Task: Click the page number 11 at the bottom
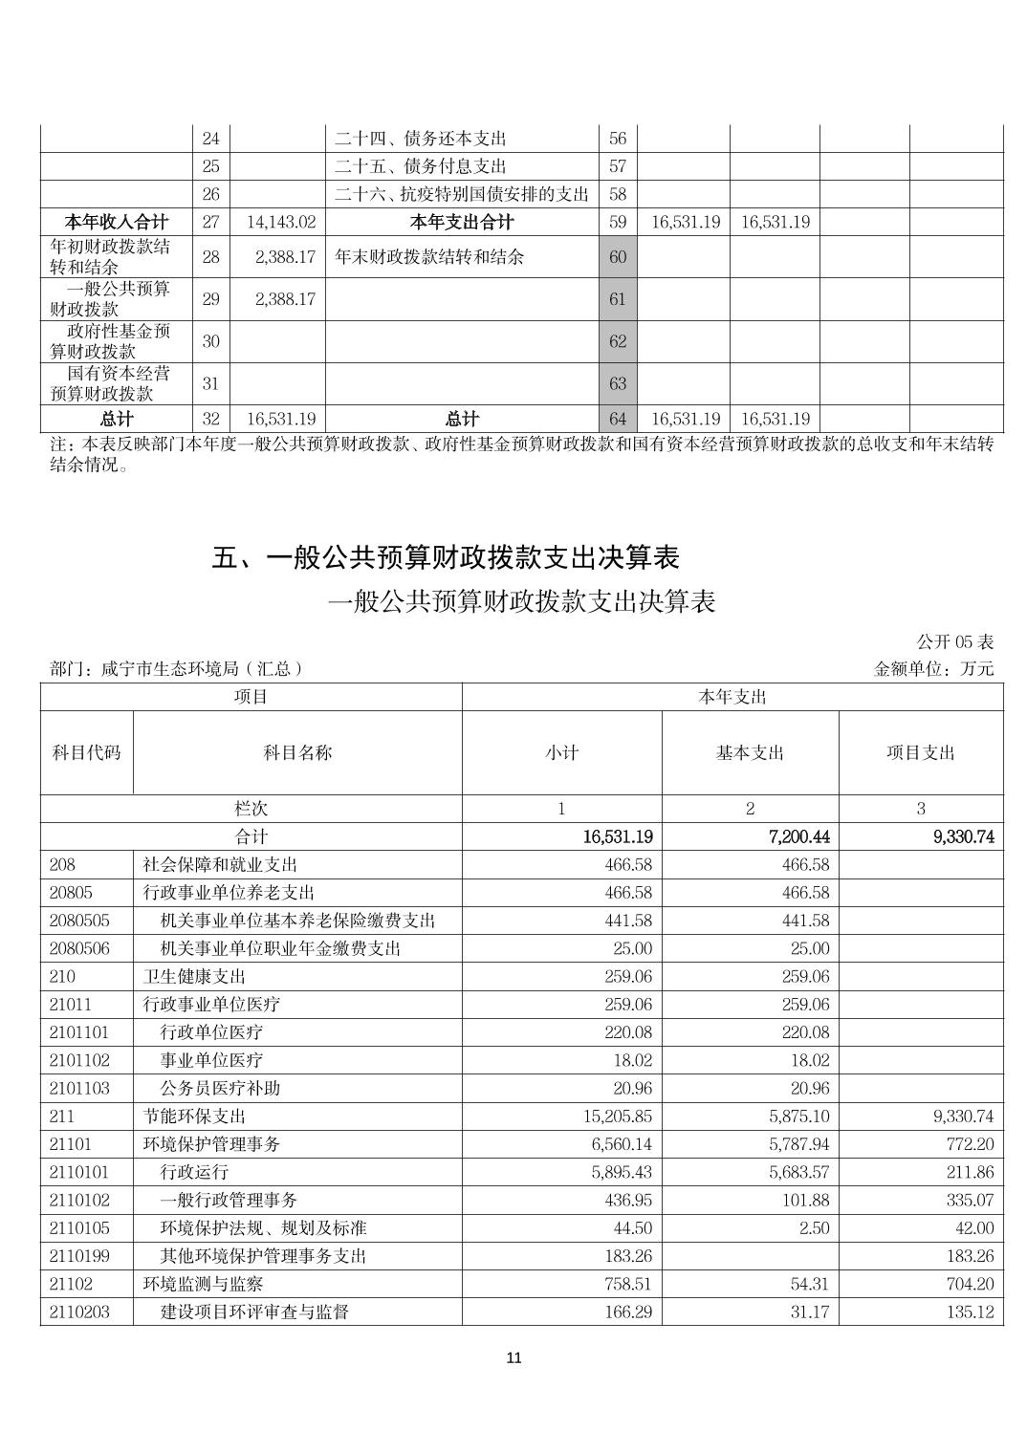(513, 1358)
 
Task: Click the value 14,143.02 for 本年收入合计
(281, 223)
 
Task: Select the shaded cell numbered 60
(618, 257)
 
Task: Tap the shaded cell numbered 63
(618, 383)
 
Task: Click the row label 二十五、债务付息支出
(420, 166)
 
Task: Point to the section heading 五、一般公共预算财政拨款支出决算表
(446, 557)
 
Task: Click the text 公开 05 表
(955, 641)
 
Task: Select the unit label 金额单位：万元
(934, 669)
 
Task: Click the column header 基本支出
(750, 753)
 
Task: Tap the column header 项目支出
(921, 753)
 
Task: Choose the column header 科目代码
(86, 753)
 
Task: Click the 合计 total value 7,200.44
(798, 837)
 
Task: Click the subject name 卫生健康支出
(194, 976)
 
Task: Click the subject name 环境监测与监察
(203, 1284)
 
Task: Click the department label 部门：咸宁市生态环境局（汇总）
(177, 669)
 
